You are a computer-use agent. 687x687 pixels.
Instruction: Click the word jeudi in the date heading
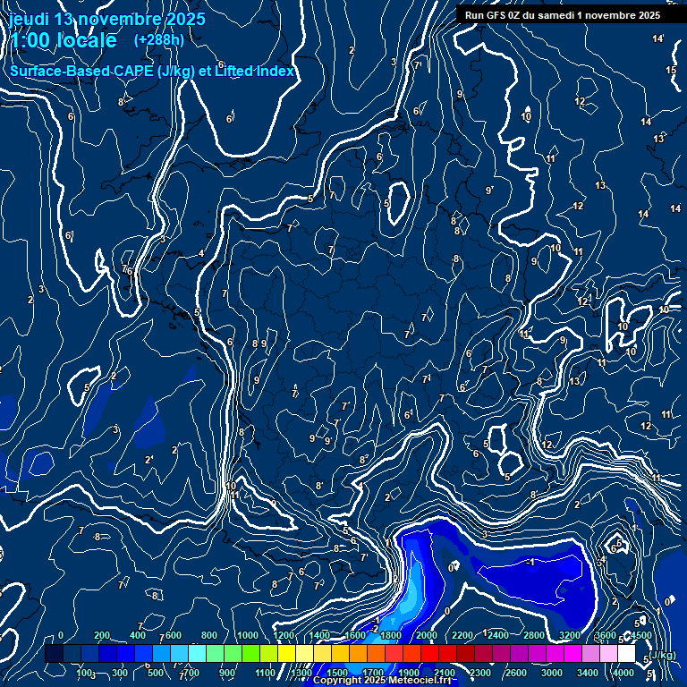pos(29,19)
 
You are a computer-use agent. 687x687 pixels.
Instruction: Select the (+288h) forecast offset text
pos(159,39)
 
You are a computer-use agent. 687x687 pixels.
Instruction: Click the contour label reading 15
pos(671,70)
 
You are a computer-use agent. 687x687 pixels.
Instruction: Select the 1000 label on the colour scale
pos(248,635)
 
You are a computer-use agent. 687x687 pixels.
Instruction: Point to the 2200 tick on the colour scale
pos(462,635)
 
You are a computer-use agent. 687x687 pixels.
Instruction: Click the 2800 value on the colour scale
pos(534,635)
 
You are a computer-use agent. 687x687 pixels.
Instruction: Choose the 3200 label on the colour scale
pos(570,635)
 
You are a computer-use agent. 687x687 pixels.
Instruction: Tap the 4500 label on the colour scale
pos(641,635)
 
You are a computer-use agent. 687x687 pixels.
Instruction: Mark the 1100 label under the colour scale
pos(265,673)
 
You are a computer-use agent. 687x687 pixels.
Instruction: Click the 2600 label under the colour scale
pos(516,673)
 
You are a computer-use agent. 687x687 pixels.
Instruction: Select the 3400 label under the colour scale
pos(588,673)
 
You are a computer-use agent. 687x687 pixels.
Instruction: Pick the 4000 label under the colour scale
pos(623,673)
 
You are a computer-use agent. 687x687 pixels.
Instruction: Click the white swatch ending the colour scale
pos(626,654)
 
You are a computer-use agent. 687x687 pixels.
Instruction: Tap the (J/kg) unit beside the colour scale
pos(662,656)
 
